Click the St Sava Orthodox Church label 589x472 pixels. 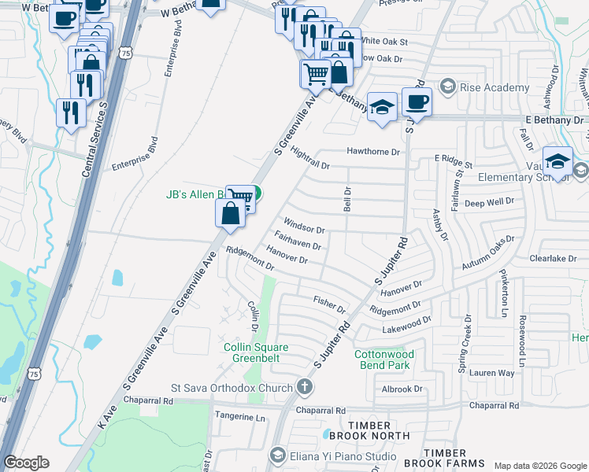(x=232, y=387)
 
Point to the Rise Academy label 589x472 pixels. (x=495, y=87)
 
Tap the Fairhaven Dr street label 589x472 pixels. (x=298, y=241)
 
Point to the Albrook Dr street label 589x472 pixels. (x=402, y=389)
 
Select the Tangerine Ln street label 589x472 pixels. (x=239, y=418)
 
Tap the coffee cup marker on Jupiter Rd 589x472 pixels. (x=417, y=101)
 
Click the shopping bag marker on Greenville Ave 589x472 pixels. (x=230, y=213)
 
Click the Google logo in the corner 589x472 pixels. (x=26, y=463)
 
